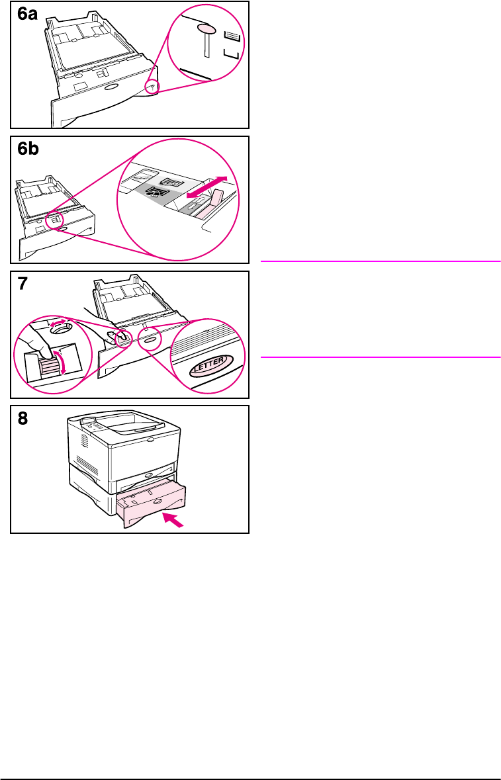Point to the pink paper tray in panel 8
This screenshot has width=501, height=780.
coord(151,504)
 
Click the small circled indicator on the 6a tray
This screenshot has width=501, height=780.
coord(152,87)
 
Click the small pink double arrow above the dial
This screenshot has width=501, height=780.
coord(60,324)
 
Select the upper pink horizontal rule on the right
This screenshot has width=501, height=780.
coord(380,262)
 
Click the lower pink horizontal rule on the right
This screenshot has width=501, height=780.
coord(380,358)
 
